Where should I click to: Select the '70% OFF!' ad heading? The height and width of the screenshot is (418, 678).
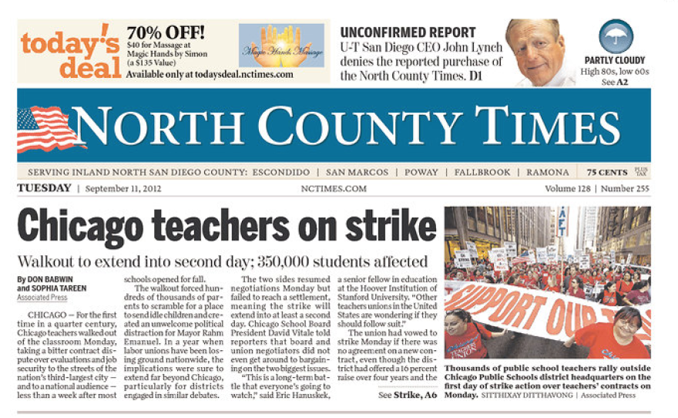pyautogui.click(x=166, y=33)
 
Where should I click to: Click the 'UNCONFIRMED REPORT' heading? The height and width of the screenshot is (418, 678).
pyautogui.click(x=408, y=32)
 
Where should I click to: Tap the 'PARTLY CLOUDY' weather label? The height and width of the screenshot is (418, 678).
pyautogui.click(x=615, y=60)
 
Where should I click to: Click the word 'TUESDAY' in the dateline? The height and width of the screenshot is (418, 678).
pyautogui.click(x=44, y=188)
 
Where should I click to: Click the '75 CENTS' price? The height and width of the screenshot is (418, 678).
pyautogui.click(x=606, y=172)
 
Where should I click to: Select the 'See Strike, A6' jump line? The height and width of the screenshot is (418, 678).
pyautogui.click(x=407, y=395)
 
